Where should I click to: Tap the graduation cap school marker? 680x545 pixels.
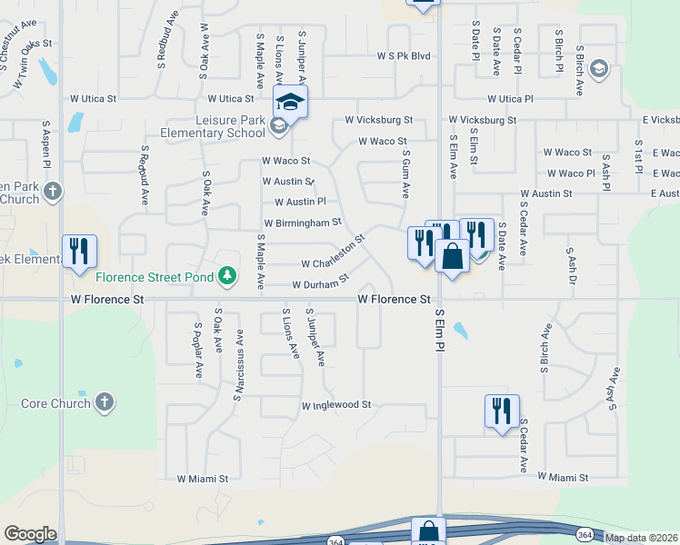[290, 103]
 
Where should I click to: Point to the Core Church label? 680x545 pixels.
[55, 403]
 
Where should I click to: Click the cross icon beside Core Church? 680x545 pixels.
[105, 402]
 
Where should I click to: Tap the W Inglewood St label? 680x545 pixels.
[337, 404]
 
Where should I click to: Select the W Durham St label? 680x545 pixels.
[321, 283]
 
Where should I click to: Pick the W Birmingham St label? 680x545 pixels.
[303, 223]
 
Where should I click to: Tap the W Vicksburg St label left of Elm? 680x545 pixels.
[378, 120]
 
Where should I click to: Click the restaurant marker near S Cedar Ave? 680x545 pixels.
[502, 411]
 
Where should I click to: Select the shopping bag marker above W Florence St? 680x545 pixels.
[452, 257]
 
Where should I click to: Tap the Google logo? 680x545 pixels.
[30, 534]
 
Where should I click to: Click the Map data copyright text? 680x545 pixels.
[641, 538]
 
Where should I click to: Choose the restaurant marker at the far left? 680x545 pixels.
[78, 252]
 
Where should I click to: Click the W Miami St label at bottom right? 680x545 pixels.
[564, 477]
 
